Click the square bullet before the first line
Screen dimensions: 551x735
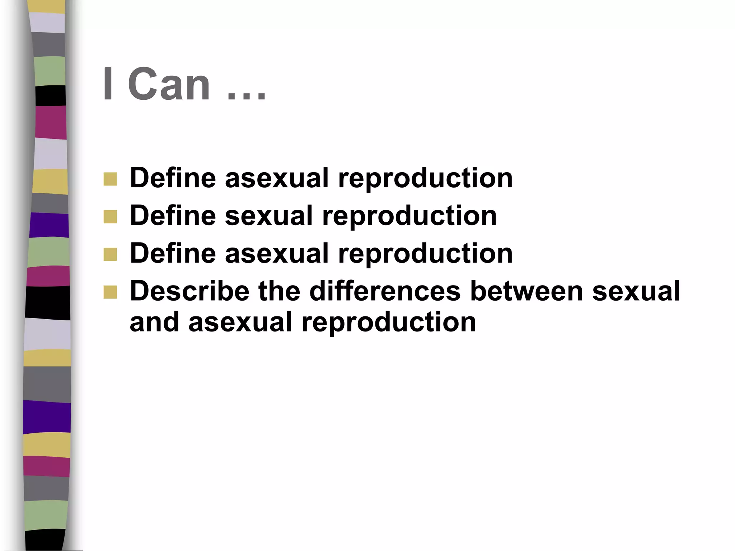point(110,179)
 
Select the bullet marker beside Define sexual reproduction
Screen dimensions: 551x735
point(110,217)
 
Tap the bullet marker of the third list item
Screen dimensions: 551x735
point(110,254)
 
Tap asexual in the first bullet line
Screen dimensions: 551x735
point(277,178)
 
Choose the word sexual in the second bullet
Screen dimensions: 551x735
point(269,216)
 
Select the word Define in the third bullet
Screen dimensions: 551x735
point(173,253)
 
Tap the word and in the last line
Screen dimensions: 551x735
point(154,322)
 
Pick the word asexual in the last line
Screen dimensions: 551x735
point(240,322)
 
